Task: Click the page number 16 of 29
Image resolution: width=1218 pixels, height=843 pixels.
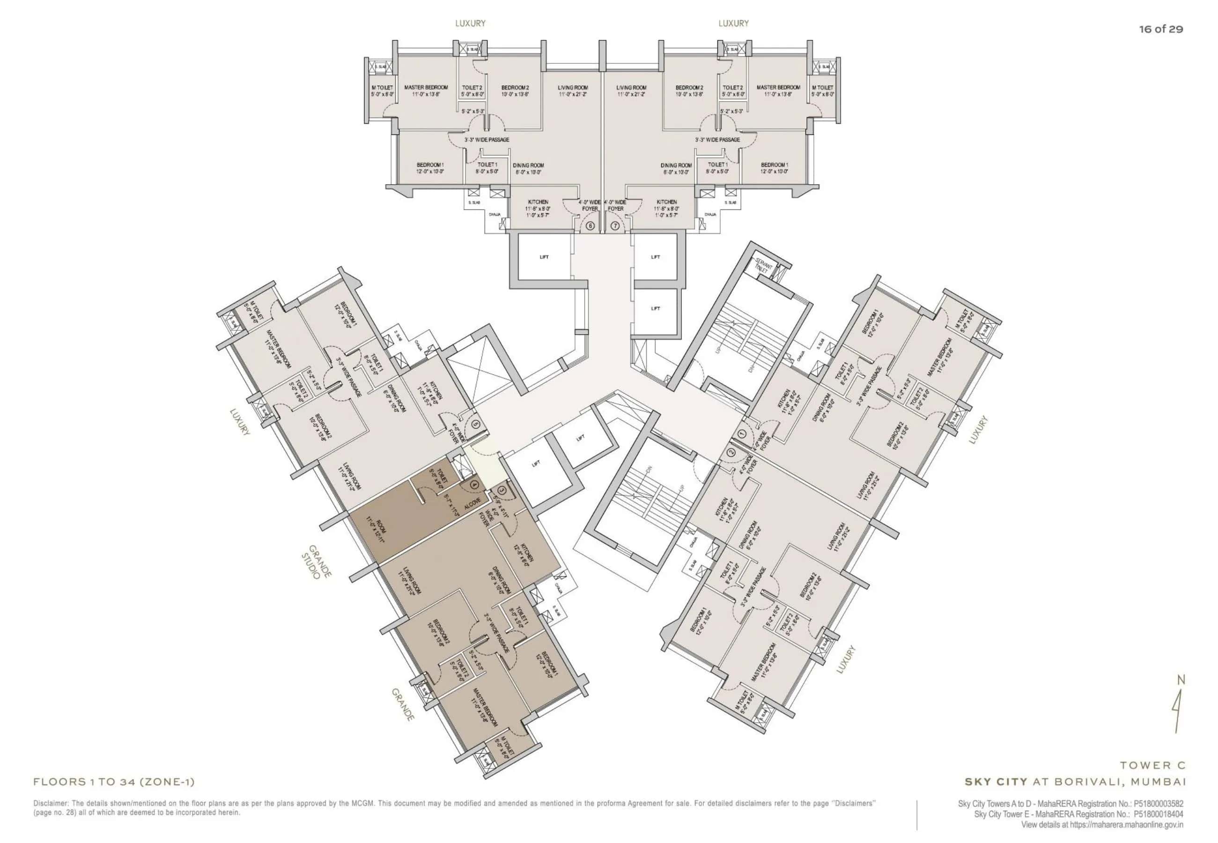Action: [1160, 29]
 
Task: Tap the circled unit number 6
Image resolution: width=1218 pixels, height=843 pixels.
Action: [590, 225]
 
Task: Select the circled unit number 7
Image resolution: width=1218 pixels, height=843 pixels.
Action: [615, 225]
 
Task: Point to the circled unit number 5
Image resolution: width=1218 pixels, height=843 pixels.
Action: [475, 424]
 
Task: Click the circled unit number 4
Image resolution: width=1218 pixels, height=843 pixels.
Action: [474, 483]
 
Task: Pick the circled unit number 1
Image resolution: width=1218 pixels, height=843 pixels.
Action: [742, 434]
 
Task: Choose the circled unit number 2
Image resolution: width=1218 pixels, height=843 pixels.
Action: [731, 452]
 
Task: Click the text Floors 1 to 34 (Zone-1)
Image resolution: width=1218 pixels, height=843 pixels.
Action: [114, 782]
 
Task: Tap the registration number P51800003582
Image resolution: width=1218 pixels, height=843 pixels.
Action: [1159, 804]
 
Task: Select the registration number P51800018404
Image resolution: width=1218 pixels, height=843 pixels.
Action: [1159, 814]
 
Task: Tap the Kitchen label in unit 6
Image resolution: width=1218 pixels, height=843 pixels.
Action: [538, 202]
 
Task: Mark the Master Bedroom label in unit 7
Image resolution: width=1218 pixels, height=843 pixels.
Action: [778, 87]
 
